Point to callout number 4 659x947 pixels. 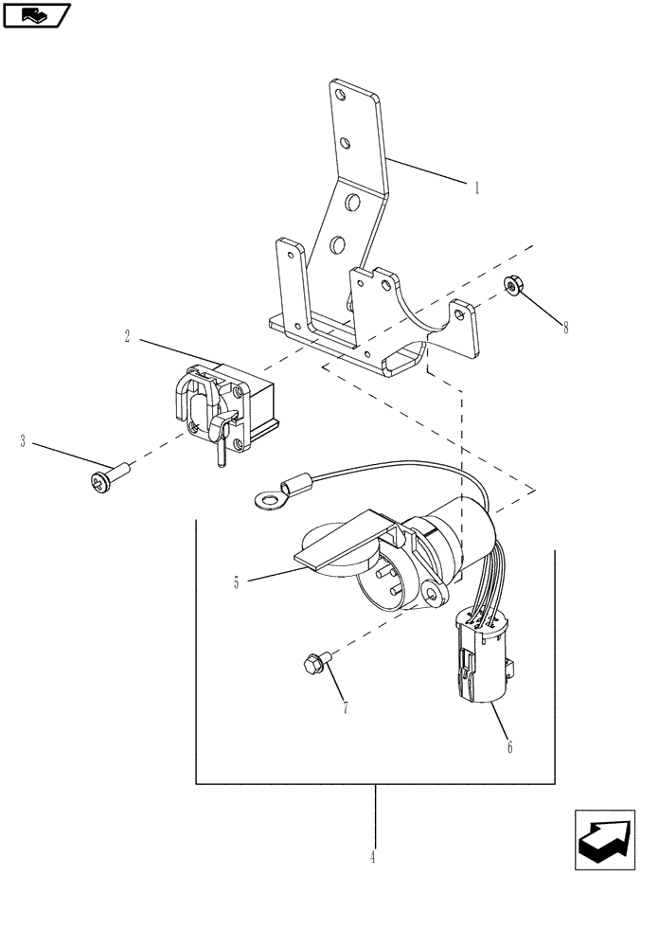point(373,857)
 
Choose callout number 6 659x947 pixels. point(509,747)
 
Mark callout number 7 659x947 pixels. point(345,707)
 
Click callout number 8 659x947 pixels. point(566,329)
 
